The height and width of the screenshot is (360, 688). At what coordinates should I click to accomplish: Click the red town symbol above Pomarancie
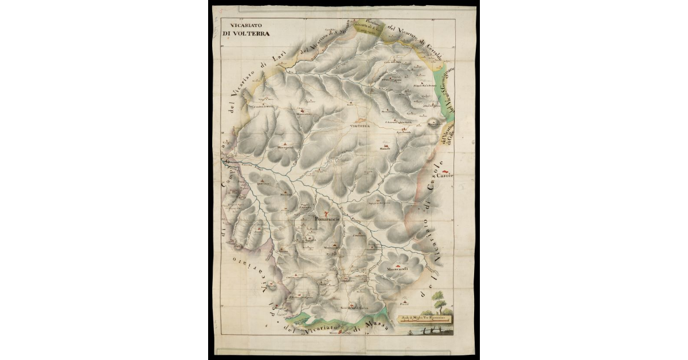[x=326, y=213]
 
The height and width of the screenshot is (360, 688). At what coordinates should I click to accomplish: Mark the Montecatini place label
[x=303, y=115]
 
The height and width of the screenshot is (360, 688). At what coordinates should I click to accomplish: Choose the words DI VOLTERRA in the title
[x=247, y=33]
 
